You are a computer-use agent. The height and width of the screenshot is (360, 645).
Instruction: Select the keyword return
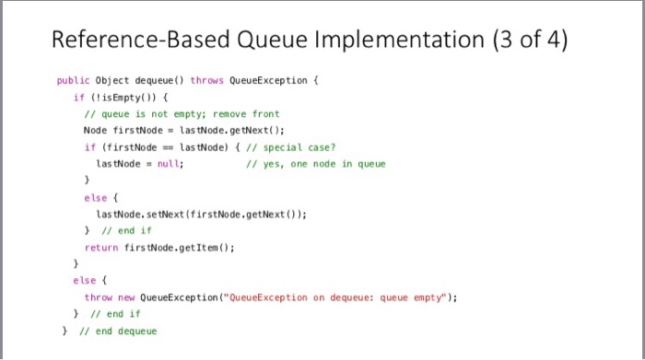tap(100, 248)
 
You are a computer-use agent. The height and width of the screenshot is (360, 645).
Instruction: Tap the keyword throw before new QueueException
tap(99, 297)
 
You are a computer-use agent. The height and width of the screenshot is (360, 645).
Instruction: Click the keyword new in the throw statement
tap(129, 297)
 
